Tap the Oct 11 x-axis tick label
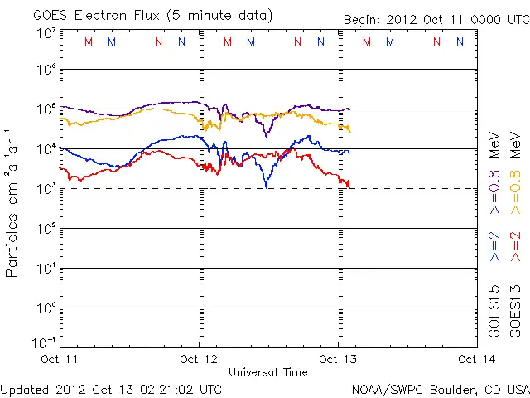click(x=60, y=359)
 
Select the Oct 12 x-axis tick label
click(x=199, y=359)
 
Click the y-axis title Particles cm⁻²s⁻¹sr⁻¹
click(x=13, y=202)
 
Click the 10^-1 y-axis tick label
click(x=45, y=342)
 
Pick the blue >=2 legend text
click(x=494, y=247)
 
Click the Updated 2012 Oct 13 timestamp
click(x=111, y=389)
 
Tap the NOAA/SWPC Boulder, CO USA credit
click(x=440, y=389)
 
